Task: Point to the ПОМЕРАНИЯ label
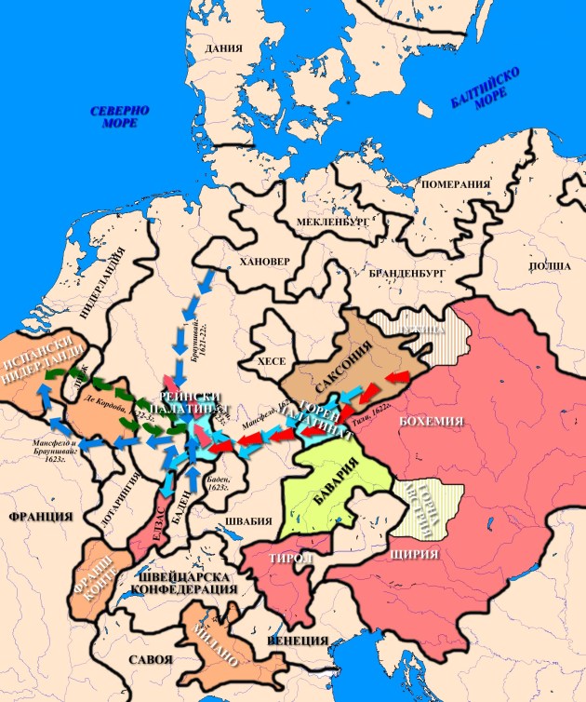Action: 455,184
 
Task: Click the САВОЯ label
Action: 151,659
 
